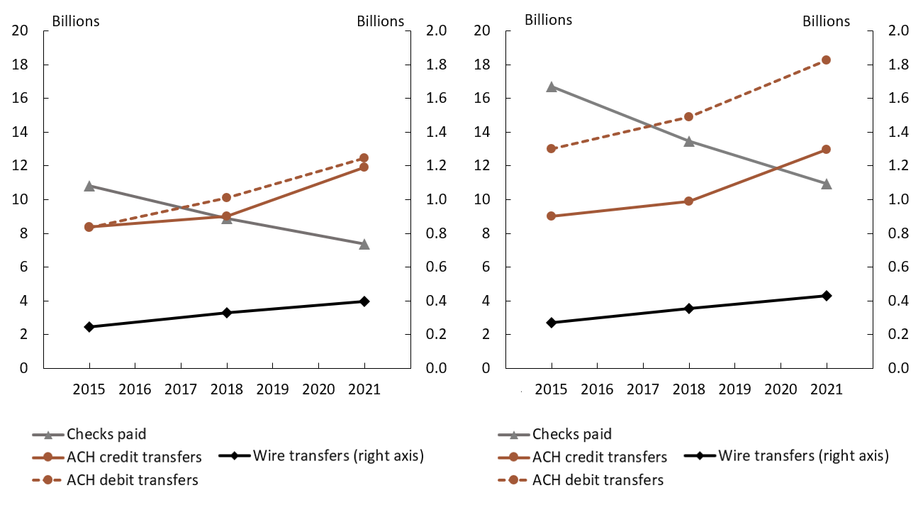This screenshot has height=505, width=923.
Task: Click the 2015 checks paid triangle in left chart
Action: pos(89,186)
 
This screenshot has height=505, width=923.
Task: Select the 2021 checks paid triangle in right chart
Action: pos(826,184)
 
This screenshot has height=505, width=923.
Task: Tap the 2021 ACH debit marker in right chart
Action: pos(826,60)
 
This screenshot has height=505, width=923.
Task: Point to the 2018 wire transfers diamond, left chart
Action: pos(227,313)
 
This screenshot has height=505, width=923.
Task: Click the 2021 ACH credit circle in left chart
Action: pos(364,167)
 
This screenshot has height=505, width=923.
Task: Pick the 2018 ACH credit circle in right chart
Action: pos(688,201)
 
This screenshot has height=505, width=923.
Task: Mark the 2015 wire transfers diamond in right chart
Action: pos(552,323)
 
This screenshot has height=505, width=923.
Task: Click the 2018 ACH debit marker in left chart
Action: pos(227,198)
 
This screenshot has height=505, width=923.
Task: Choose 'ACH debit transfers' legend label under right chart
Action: pos(598,480)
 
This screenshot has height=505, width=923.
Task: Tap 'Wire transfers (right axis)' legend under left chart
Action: pos(338,455)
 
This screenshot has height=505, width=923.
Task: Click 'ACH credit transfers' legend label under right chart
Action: pos(600,457)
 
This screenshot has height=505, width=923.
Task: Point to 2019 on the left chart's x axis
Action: pos(272,389)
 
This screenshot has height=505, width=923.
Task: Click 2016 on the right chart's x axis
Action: pos(597,389)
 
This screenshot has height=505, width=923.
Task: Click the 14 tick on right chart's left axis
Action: pos(482,133)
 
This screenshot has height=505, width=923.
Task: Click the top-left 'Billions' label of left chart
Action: pos(76,21)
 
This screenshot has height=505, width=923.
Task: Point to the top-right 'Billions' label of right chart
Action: pos(826,21)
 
